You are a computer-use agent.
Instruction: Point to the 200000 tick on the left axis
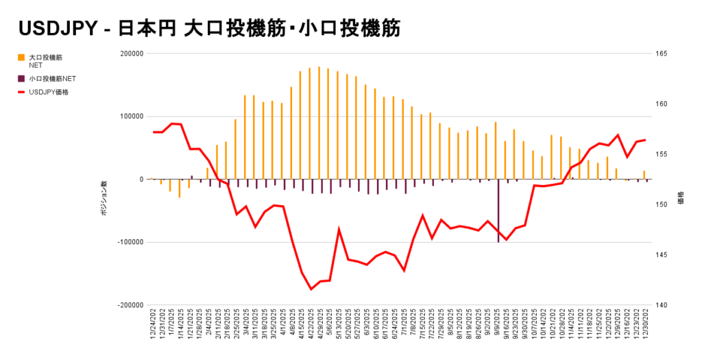pos(130,53)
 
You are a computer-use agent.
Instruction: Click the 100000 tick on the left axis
pos(130,117)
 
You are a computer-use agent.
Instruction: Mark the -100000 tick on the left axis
pos(129,242)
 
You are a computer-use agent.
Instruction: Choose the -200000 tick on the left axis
pos(129,305)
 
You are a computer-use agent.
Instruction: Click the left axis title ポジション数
pos(104,200)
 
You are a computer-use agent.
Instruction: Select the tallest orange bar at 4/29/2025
pos(319,123)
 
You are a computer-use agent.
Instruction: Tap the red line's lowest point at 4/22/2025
pos(311,289)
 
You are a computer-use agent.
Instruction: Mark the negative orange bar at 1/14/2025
pos(180,189)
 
